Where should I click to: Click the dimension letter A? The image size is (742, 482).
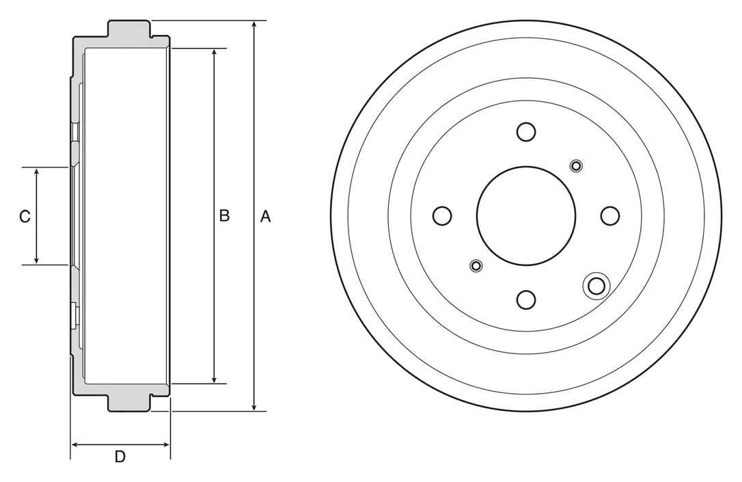pos(266,216)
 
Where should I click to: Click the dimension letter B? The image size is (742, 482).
pos(224,215)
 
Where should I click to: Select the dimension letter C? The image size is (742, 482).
pos(25,216)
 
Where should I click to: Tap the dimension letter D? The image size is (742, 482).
pos(120,457)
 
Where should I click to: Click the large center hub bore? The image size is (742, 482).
pos(526,216)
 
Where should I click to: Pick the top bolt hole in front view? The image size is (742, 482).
pos(526,132)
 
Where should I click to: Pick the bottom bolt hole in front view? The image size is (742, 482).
pos(526,299)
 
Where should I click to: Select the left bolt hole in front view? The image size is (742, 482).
pos(442,216)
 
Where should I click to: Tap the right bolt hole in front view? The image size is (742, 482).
pos(610,216)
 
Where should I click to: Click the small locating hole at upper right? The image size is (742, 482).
pos(576,165)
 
